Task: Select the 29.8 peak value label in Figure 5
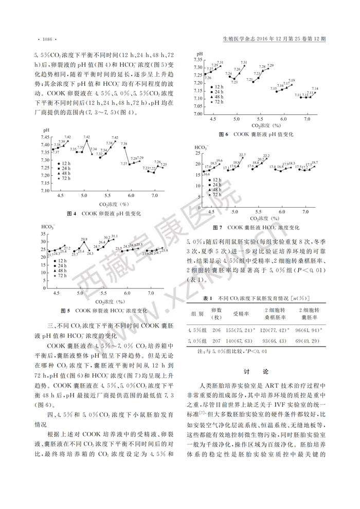84,239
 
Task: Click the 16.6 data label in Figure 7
207,175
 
